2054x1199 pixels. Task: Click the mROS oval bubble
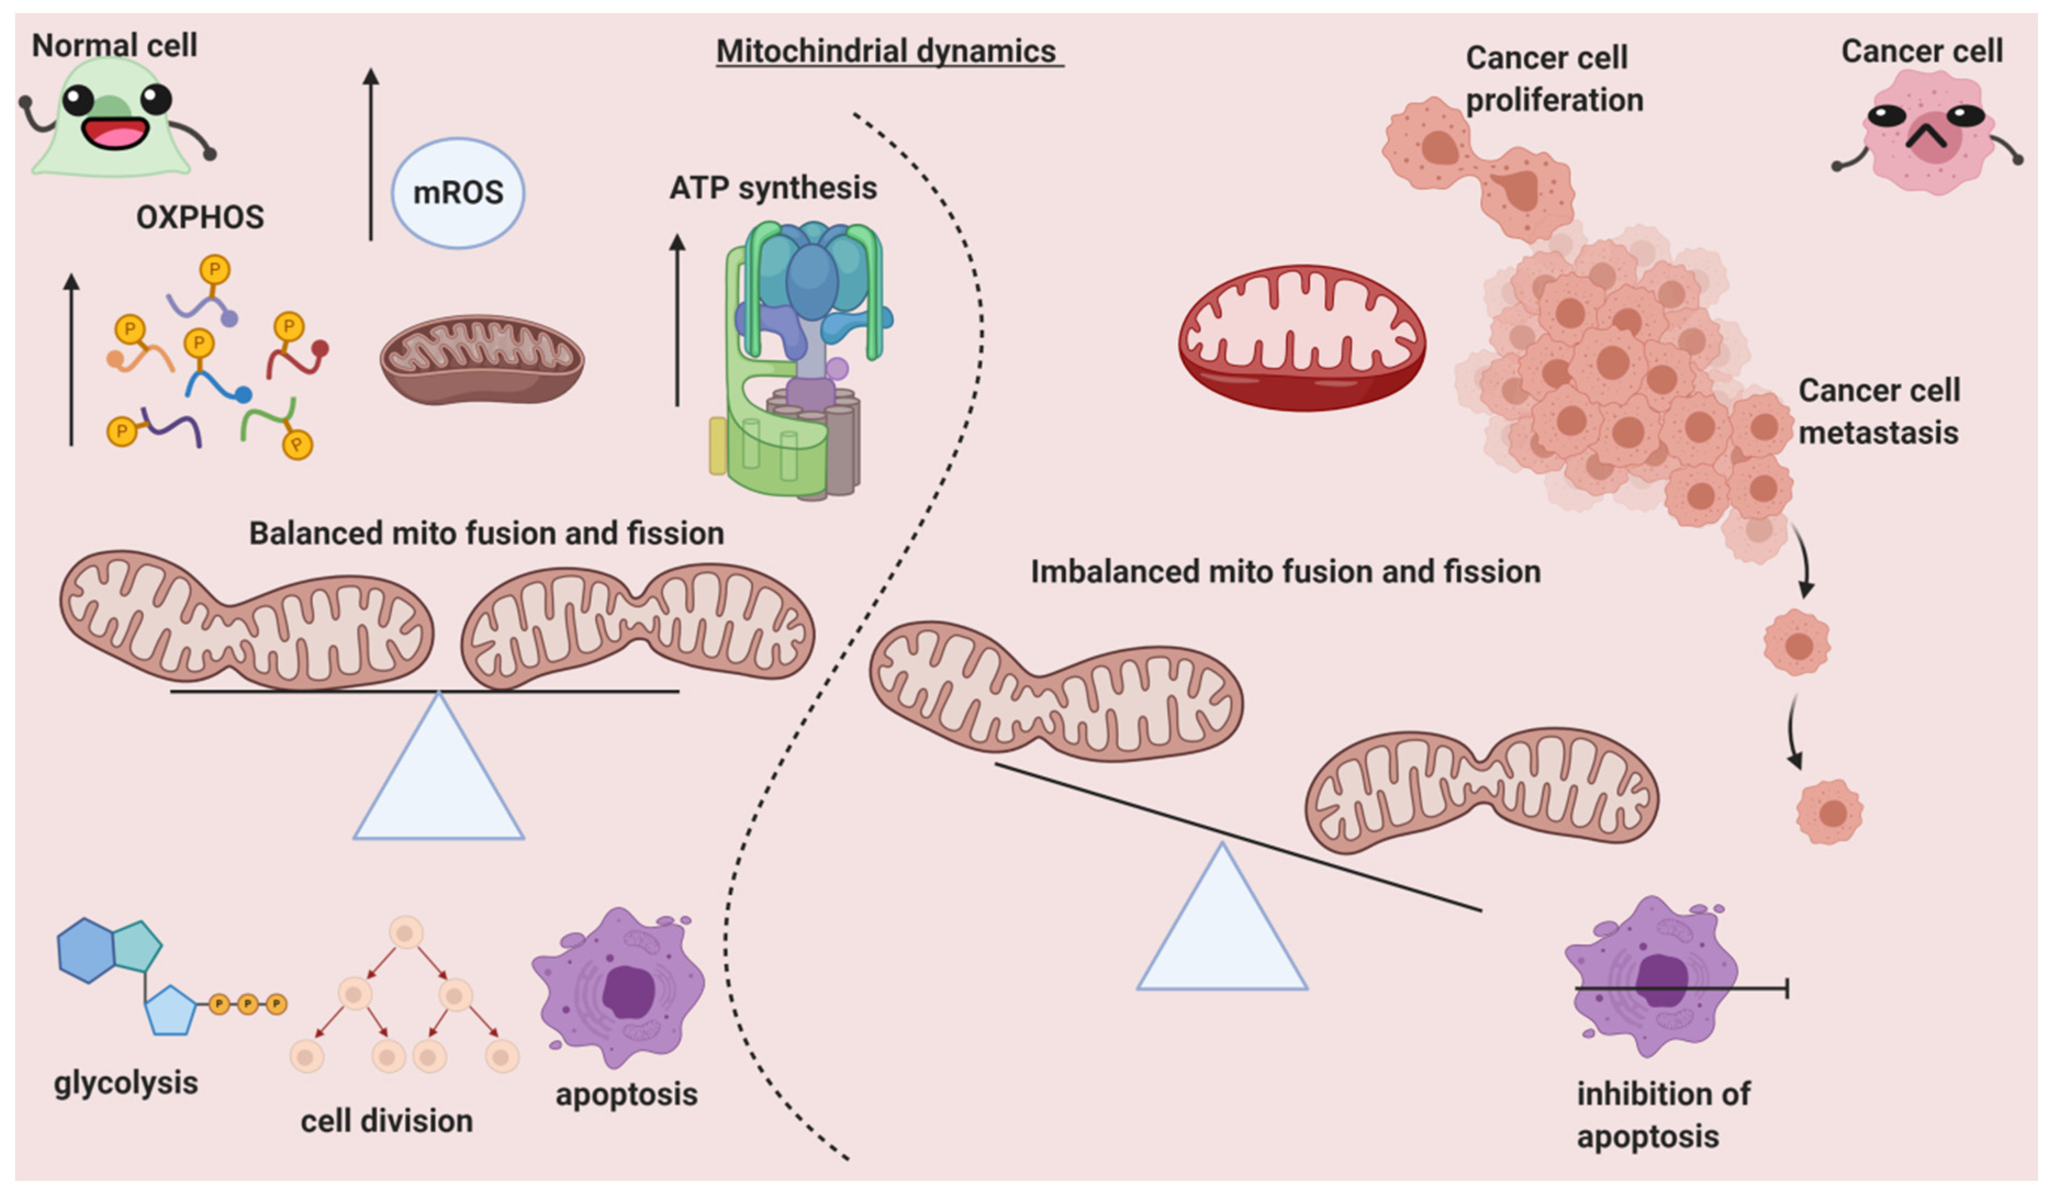pos(458,193)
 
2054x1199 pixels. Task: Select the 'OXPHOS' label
pos(200,217)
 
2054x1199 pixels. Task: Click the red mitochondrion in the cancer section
pos(1302,338)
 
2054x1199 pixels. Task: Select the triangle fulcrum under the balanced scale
pos(439,766)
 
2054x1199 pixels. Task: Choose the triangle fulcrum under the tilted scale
pos(1222,917)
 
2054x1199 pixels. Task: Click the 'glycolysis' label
pos(126,1083)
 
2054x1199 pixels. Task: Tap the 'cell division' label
pos(387,1120)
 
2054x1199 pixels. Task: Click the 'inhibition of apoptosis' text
pos(1663,1114)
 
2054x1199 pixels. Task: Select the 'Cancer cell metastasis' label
pos(1879,412)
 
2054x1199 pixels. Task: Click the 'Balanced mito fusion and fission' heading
pos(486,533)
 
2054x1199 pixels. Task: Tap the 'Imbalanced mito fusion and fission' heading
pos(1285,572)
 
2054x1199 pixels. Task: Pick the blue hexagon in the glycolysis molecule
pos(86,950)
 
